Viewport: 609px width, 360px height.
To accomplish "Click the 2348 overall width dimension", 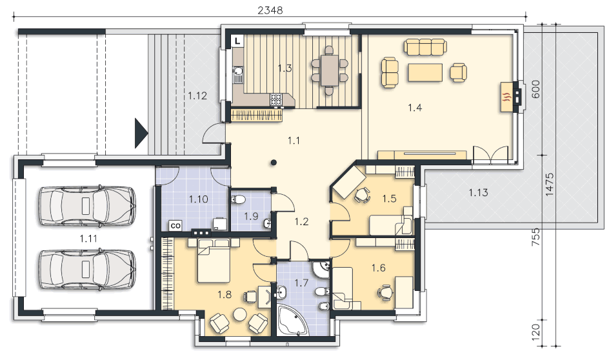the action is (x=270, y=10).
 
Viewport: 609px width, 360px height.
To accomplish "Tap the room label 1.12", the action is (x=197, y=95).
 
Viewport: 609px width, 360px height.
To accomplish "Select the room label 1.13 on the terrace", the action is (x=478, y=192).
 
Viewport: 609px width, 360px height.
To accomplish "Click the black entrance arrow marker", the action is (x=141, y=134).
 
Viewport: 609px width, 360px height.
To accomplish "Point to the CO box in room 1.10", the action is (x=175, y=226).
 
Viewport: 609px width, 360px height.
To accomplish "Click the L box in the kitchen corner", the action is (x=237, y=41).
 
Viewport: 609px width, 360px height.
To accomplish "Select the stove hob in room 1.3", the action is (x=277, y=99).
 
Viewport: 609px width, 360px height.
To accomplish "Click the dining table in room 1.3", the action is (x=330, y=70).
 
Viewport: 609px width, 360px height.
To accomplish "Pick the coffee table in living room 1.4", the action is (x=425, y=73).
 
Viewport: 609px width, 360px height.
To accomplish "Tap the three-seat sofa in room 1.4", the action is (x=425, y=47).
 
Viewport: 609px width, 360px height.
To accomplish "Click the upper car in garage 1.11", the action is (x=88, y=206).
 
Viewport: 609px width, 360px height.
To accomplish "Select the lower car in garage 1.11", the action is (x=88, y=269).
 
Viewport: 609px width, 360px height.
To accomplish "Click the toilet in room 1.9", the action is (x=237, y=199).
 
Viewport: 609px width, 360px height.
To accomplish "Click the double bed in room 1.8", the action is (x=214, y=261).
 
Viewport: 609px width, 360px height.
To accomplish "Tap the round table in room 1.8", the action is (x=239, y=314).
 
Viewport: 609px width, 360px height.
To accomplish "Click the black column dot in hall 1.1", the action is (x=274, y=163).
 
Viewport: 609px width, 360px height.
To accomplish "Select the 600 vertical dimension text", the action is (x=535, y=89).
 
